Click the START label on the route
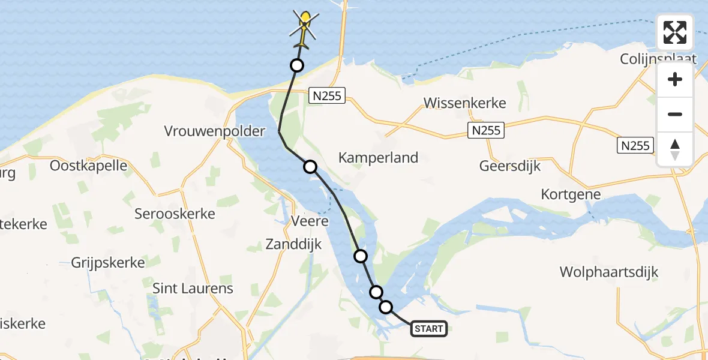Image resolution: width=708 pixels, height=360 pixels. pos(429,328)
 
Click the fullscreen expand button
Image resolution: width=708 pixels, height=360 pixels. pos(675,32)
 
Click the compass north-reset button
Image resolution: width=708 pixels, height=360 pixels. pos(675,149)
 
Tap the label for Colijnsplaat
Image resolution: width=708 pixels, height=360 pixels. pos(658,58)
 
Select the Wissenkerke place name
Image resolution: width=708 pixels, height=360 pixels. pos(465,103)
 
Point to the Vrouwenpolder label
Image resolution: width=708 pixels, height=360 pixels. pos(215,131)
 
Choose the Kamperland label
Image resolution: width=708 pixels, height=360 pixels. pos(378,158)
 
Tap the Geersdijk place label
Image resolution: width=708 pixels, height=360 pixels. pos(510,166)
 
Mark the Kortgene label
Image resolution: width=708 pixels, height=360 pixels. pos(570,195)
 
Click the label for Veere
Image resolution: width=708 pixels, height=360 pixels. pos(310,221)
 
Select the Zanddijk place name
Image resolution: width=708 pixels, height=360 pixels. pos(293,244)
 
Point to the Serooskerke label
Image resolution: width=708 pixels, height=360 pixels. pos(175,214)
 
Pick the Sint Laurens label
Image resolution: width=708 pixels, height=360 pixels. pos(193,288)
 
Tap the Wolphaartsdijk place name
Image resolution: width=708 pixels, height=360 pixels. pos(609,272)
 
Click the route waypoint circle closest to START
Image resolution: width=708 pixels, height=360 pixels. pos(386,307)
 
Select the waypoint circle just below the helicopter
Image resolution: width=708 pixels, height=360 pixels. pos(296,65)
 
